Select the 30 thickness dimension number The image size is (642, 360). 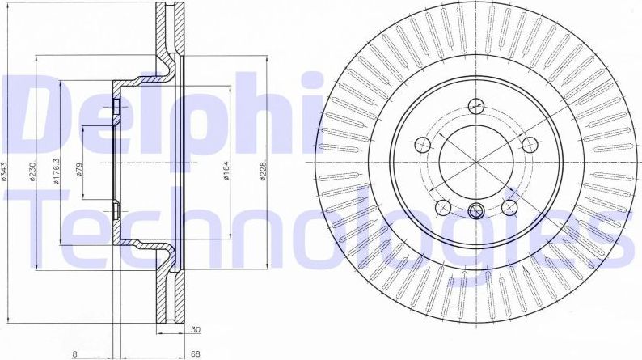pyautogui.click(x=196, y=331)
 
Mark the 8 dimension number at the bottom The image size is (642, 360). pyautogui.click(x=75, y=353)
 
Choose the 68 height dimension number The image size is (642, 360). pyautogui.click(x=196, y=353)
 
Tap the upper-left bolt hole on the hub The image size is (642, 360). pyautogui.click(x=420, y=145)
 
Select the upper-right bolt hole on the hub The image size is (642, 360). pyautogui.click(x=530, y=145)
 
